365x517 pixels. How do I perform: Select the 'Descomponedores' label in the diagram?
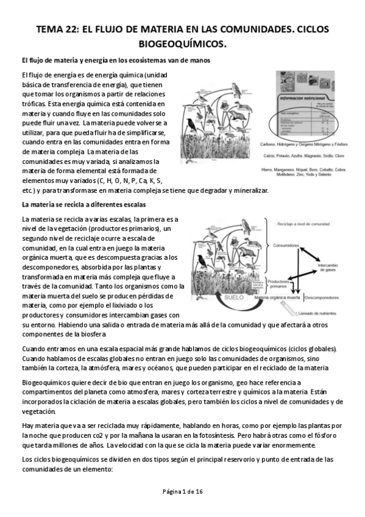324,298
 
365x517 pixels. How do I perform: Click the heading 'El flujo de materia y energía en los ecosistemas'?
116,60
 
